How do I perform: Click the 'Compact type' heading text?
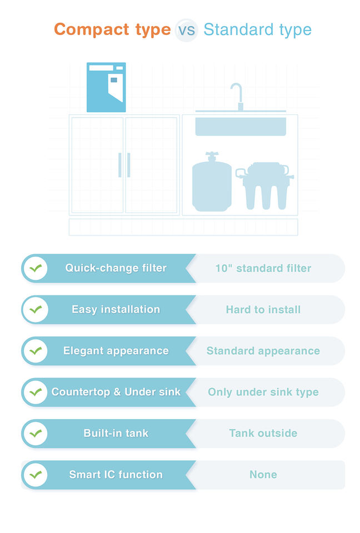112,29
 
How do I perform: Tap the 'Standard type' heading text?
257,29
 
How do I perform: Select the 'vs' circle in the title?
187,30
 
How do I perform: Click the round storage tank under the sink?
211,183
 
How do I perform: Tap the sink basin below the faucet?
240,126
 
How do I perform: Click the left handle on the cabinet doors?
119,165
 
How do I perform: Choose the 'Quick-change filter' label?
116,268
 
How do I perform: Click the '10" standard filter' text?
263,268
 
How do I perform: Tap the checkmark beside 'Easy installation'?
36,310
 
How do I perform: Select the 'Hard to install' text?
263,310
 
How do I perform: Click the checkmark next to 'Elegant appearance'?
36,351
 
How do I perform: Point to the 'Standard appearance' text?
263,351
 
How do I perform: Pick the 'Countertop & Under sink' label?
116,392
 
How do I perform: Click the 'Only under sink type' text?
263,392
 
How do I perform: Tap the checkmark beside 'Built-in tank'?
36,433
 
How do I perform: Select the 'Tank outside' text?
263,433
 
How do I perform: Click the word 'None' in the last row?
263,475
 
